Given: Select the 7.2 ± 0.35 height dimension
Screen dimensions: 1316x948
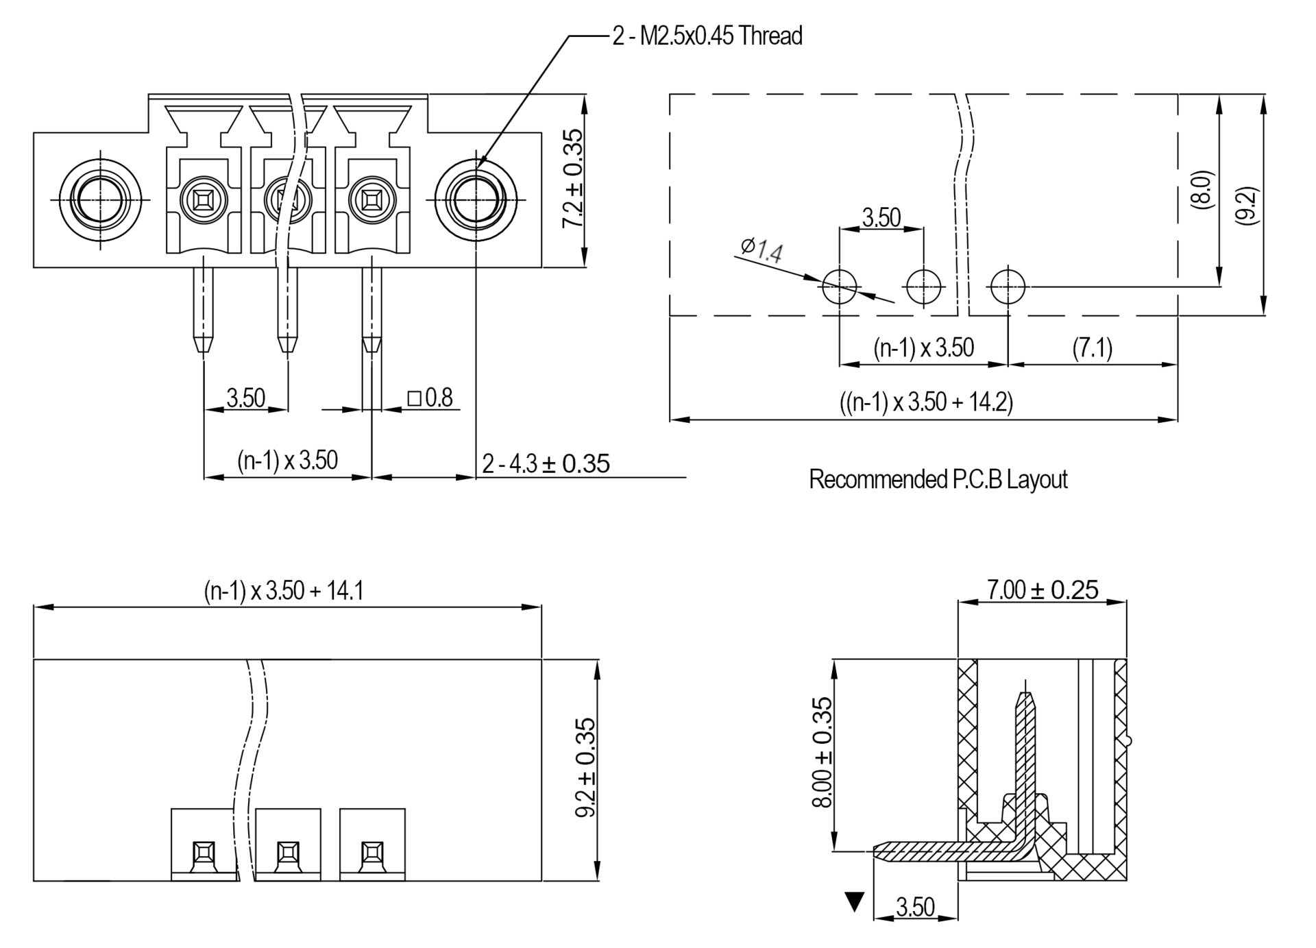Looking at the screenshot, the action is pos(572,179).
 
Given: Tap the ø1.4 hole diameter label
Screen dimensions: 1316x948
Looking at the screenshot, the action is pos(761,250).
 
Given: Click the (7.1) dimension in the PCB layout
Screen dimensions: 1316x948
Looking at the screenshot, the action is pos(1093,348).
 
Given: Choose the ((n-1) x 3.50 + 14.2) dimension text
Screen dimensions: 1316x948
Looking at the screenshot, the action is pos(927,402).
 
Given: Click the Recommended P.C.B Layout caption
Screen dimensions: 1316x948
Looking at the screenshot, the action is pos(938,479).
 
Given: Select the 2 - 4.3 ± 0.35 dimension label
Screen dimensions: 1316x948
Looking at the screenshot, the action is pos(546,464).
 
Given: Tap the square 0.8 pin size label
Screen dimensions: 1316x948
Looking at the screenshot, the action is pos(430,398).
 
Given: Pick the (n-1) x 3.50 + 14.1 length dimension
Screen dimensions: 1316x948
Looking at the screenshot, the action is pos(284,590).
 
